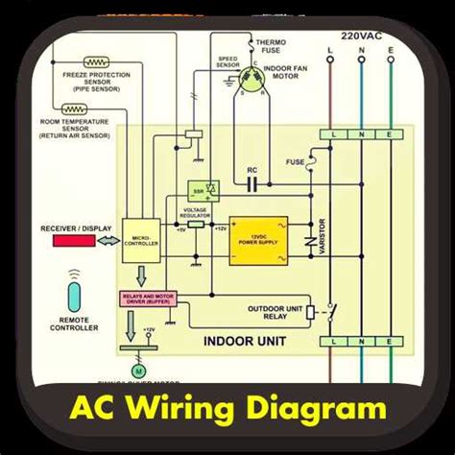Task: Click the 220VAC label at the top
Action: tap(364, 30)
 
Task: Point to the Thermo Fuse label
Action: tap(266, 49)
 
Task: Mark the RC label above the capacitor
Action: tap(252, 171)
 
